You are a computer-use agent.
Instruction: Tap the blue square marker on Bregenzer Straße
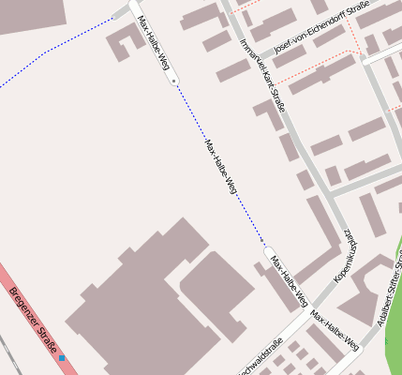[x=62, y=357]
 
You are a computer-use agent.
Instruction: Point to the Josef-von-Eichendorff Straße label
[x=318, y=28]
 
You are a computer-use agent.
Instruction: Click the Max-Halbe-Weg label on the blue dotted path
[x=221, y=167]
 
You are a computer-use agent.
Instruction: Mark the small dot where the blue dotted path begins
[x=174, y=82]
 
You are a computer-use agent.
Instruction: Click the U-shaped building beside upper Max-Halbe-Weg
[x=123, y=42]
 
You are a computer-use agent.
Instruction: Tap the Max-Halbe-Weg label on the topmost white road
[x=153, y=43]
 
